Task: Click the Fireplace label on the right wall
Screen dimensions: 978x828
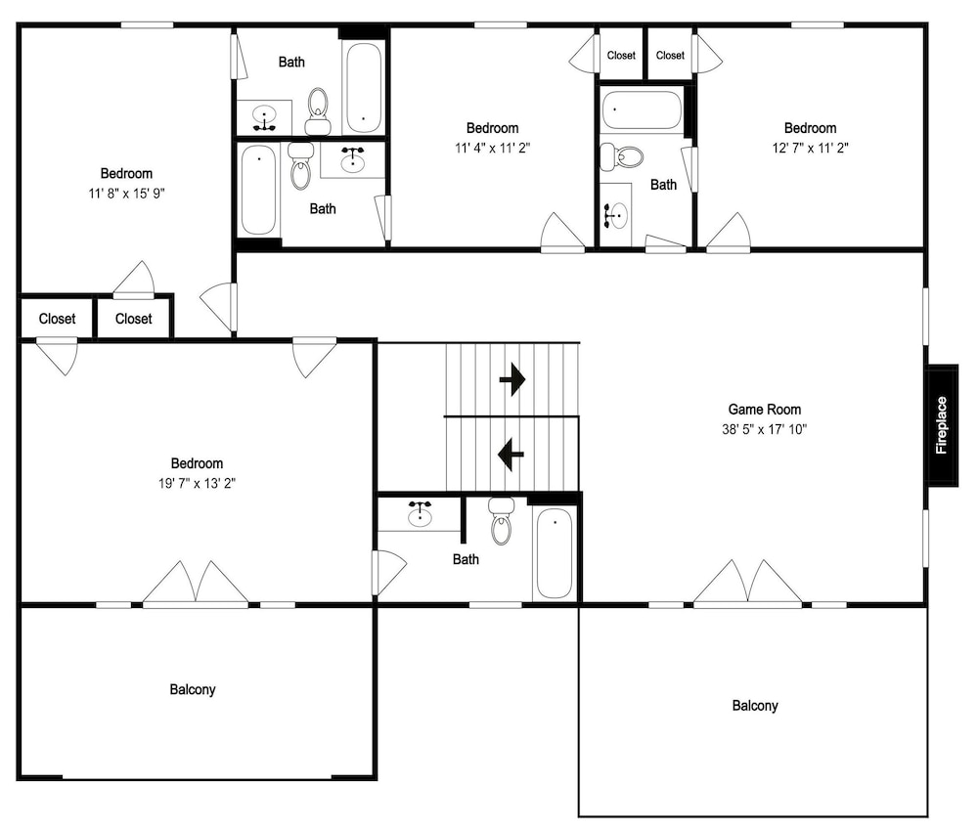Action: tap(941, 425)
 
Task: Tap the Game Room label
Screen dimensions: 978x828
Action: tap(765, 410)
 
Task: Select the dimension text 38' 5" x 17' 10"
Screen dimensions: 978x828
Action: tap(765, 429)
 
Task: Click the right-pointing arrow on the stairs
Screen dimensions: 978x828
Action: tap(512, 379)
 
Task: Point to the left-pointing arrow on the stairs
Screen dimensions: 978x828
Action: tap(511, 454)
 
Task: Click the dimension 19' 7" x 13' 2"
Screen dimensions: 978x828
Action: tap(198, 483)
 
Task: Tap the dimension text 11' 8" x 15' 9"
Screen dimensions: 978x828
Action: tap(126, 194)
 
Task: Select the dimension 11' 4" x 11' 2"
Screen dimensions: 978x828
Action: tap(493, 148)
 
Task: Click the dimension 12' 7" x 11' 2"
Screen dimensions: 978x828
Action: tap(810, 148)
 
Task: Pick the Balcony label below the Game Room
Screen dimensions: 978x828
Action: tap(755, 706)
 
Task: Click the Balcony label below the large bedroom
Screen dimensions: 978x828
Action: tap(193, 689)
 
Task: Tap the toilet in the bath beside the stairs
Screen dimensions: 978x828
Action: tap(501, 521)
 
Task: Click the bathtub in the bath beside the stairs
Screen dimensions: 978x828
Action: tap(554, 553)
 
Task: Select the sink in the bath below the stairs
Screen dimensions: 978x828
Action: tap(420, 514)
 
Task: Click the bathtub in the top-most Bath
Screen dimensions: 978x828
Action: tap(364, 87)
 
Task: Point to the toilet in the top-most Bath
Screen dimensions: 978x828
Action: tap(318, 111)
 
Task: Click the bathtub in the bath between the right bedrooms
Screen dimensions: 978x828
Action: tap(642, 110)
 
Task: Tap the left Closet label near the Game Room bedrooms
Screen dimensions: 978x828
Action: tap(621, 56)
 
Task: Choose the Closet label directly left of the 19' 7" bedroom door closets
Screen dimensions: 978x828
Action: tap(58, 319)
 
